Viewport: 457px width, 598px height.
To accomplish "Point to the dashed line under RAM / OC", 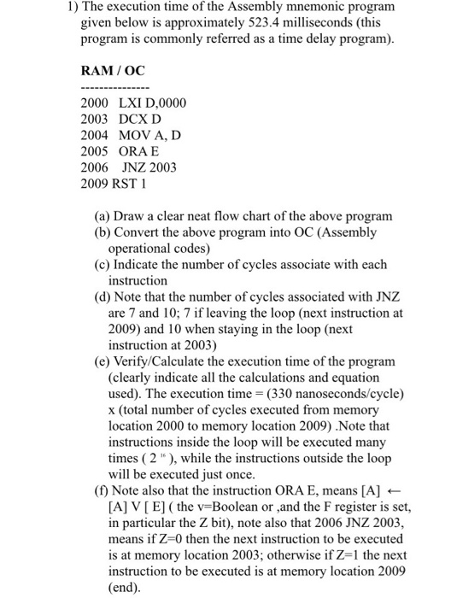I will click(x=114, y=88).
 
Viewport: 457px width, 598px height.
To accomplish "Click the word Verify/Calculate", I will click(x=165, y=361).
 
